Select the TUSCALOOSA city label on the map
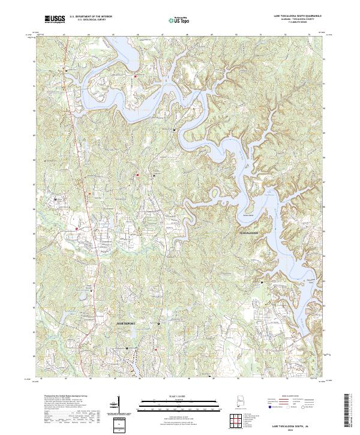[248, 231]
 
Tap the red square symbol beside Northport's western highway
[77, 227]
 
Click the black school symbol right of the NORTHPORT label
[158, 323]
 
